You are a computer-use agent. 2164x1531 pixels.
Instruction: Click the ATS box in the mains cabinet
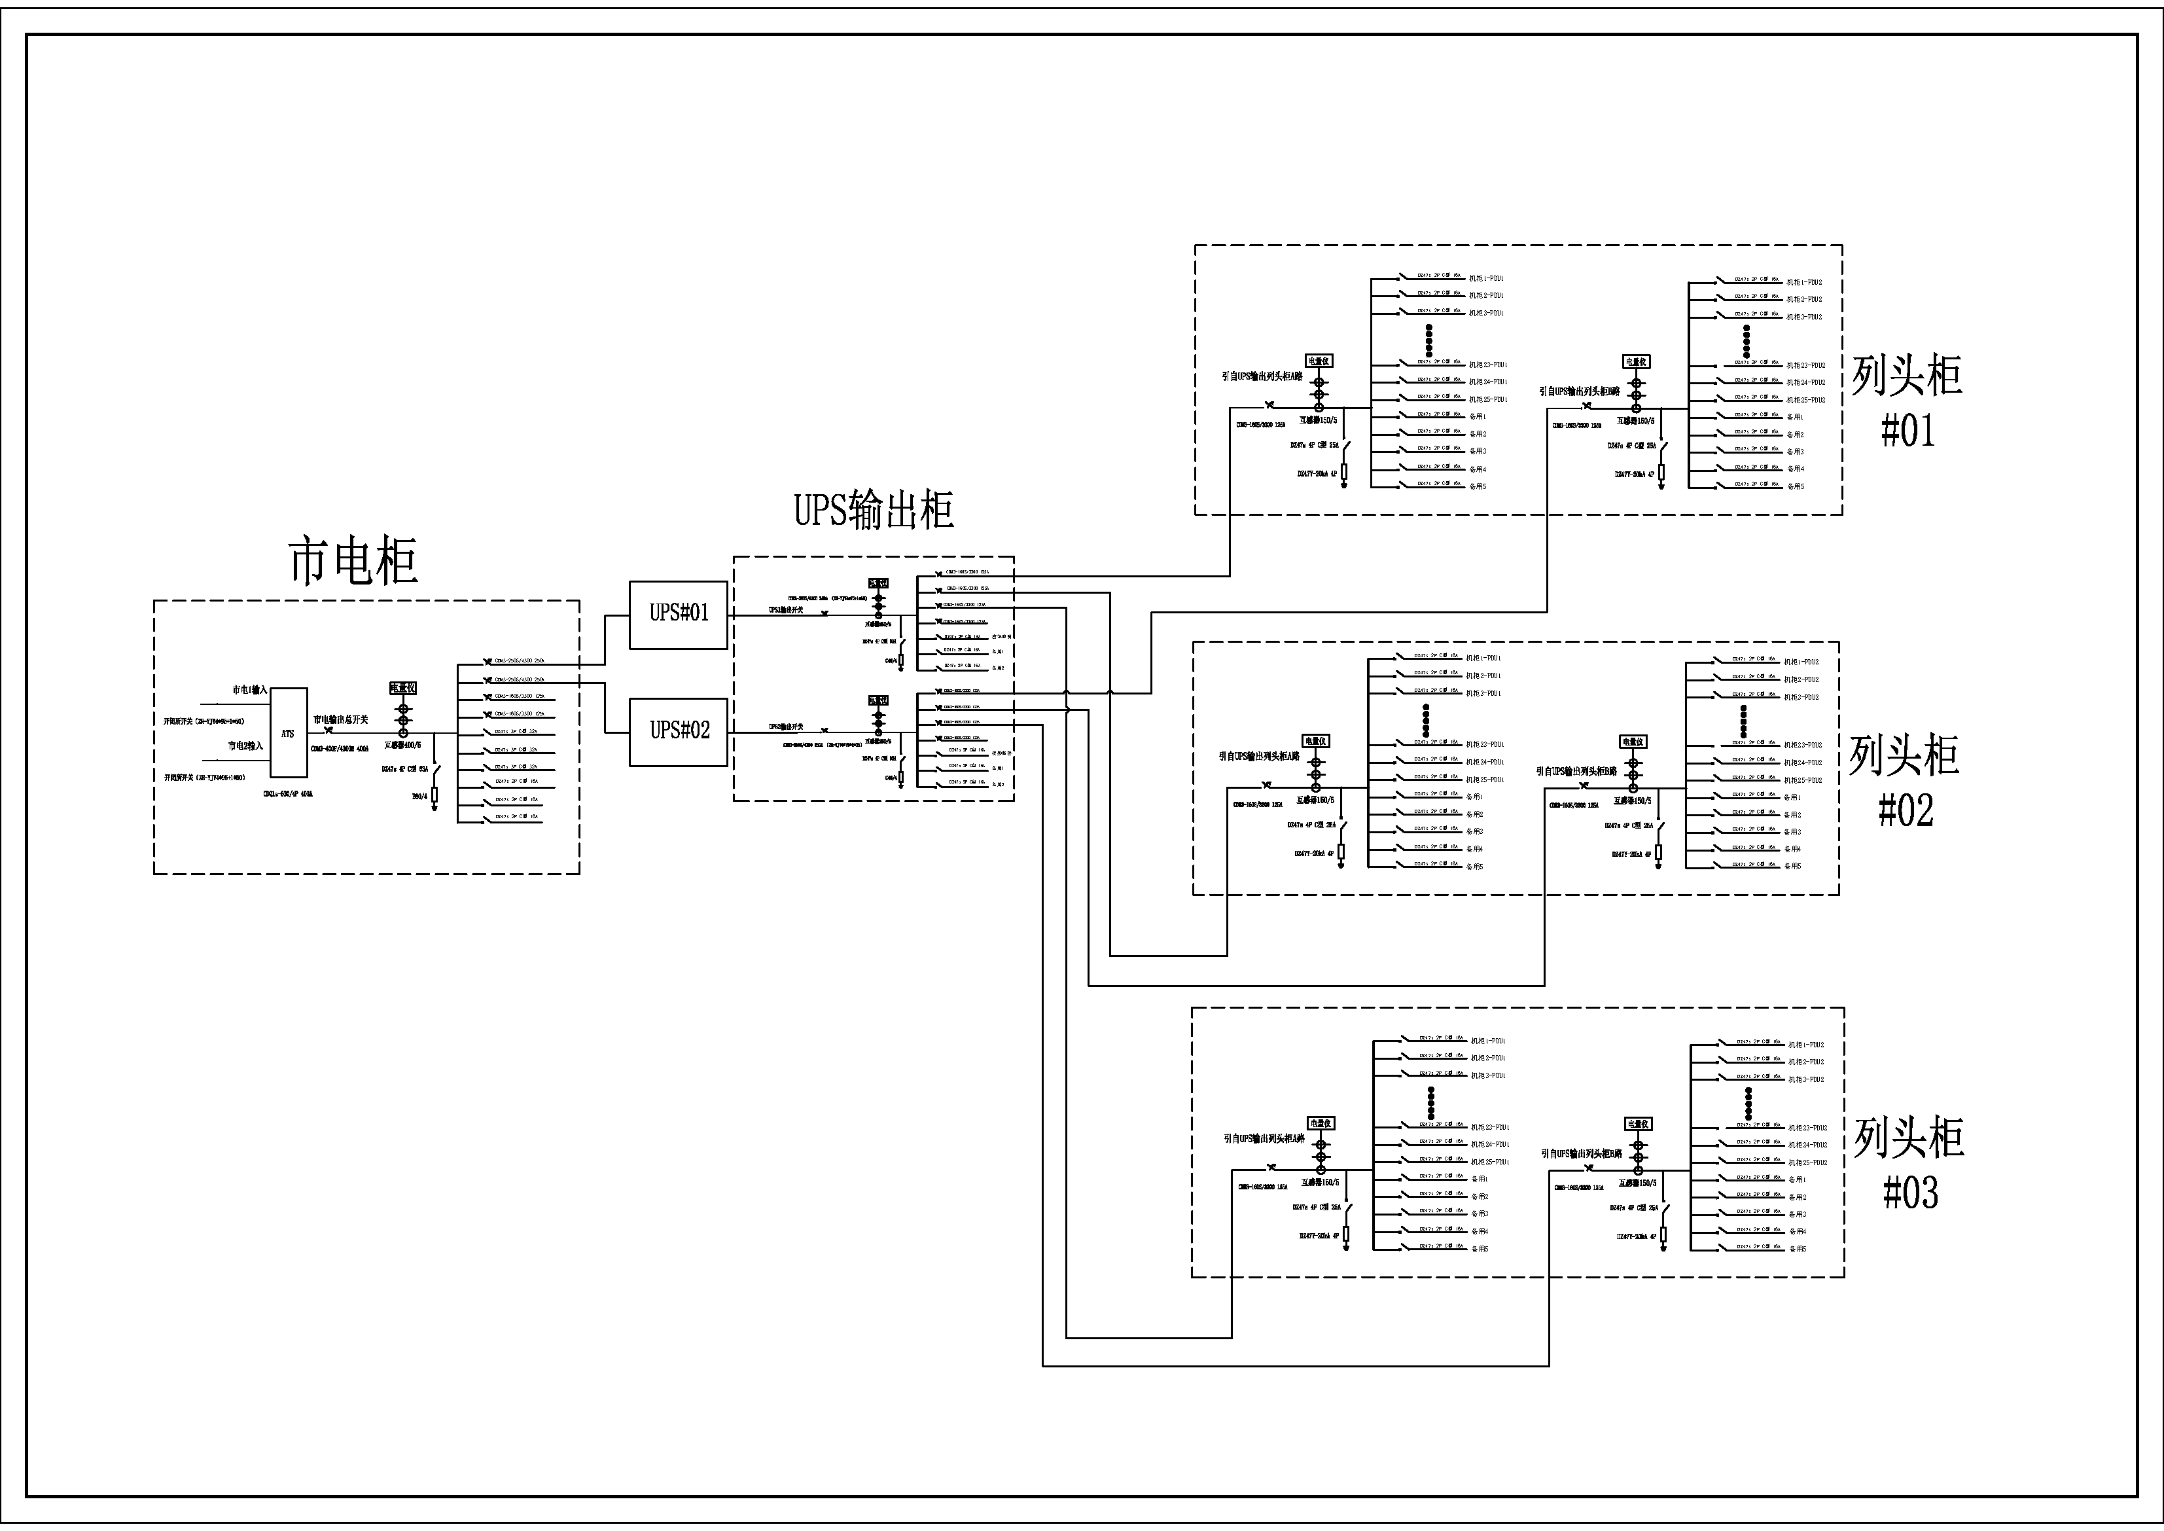289,734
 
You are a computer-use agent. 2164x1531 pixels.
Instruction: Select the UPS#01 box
679,614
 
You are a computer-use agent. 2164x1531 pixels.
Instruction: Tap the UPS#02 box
679,730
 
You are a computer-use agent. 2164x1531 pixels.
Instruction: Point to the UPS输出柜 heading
874,510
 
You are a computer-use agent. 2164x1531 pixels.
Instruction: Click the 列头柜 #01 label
1907,403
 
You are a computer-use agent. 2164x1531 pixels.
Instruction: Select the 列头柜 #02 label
1905,782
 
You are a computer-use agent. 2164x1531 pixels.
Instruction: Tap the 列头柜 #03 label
1909,1165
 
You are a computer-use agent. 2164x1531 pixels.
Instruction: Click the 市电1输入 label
250,690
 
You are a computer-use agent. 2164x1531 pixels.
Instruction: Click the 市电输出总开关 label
340,719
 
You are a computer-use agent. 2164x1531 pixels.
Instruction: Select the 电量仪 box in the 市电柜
403,688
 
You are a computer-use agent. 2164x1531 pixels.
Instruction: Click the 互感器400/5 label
402,746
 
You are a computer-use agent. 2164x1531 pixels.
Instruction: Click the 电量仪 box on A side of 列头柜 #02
1316,742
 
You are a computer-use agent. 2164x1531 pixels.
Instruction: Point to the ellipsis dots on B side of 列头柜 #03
1748,1104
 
